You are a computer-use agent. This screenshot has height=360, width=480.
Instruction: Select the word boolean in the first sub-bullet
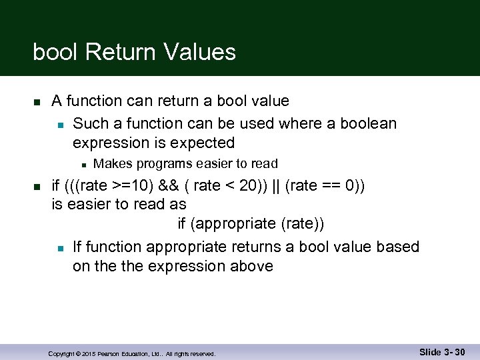[369, 123]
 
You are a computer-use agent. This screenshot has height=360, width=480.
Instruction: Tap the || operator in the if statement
[275, 185]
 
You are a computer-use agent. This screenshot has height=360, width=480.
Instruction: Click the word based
[398, 247]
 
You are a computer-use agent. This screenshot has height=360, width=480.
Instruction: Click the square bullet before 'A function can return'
[37, 102]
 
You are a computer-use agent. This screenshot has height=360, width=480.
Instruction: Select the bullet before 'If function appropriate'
[59, 248]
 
